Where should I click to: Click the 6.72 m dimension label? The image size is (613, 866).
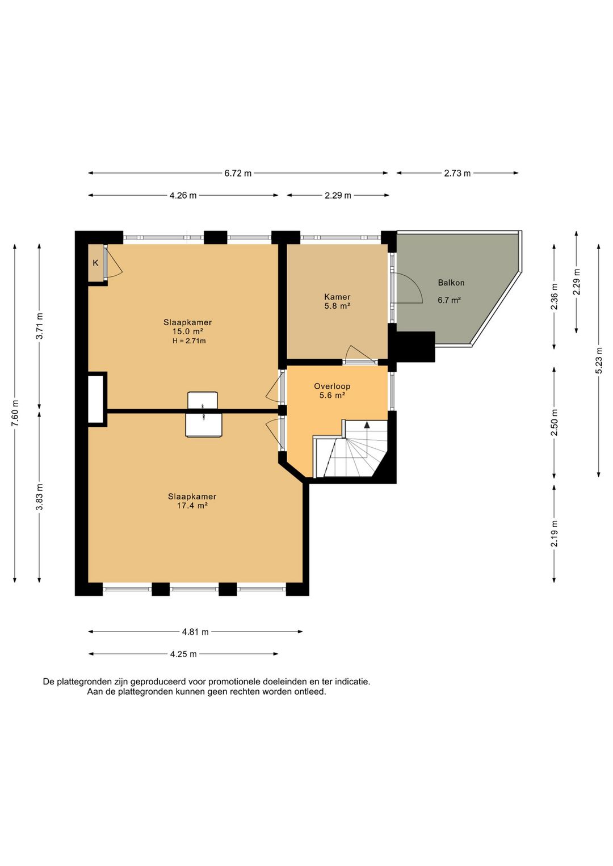click(x=238, y=174)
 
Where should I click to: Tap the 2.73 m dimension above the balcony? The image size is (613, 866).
click(x=457, y=174)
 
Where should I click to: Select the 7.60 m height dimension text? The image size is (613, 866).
click(x=15, y=413)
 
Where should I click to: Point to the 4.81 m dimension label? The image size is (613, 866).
click(x=195, y=632)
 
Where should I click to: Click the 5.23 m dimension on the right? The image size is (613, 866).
click(x=599, y=360)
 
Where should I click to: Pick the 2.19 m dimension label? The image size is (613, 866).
click(x=555, y=533)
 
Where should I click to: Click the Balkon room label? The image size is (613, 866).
click(x=451, y=283)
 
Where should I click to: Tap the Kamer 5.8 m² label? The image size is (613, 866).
click(x=337, y=301)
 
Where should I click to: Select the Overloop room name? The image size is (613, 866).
click(x=332, y=386)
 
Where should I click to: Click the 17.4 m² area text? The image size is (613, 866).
click(x=192, y=506)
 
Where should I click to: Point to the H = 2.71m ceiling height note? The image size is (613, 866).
click(x=189, y=341)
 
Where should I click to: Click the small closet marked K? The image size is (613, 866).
click(x=95, y=263)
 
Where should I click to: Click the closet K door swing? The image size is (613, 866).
click(x=114, y=262)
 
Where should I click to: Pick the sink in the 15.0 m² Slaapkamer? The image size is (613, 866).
click(x=202, y=400)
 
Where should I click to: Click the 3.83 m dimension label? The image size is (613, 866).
click(x=40, y=497)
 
